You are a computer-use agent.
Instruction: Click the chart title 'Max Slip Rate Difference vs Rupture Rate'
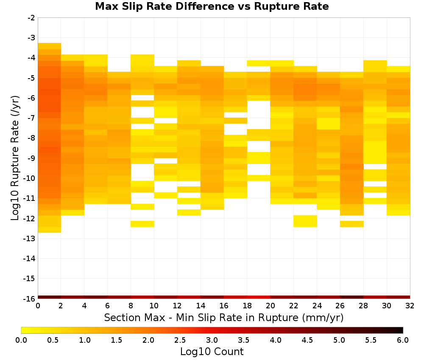tap(212, 6)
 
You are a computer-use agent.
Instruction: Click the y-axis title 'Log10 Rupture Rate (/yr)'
tap(15, 158)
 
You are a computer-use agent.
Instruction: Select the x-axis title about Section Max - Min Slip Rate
tap(223, 317)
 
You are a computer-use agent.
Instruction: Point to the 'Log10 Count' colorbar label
tap(212, 352)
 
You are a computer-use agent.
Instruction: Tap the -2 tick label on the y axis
tap(31, 18)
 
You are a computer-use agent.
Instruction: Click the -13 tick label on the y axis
tap(30, 238)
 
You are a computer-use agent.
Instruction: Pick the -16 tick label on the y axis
tap(30, 299)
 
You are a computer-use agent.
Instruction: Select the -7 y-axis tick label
tap(31, 118)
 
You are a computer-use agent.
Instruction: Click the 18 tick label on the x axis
tap(247, 306)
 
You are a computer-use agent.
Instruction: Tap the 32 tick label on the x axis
tap(410, 306)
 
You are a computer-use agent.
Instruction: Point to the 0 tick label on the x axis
tap(38, 306)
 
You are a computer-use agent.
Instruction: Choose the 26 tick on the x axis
tap(340, 306)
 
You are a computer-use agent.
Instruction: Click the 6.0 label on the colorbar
tap(403, 340)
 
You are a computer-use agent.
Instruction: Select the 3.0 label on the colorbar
tap(212, 340)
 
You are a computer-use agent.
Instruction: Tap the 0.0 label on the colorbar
tap(21, 340)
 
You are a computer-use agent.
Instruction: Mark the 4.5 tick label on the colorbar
tap(307, 340)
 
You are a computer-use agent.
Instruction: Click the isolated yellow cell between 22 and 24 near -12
tap(305, 221)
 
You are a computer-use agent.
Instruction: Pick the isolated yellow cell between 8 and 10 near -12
tap(142, 224)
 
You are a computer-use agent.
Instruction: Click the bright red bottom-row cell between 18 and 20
tap(259, 297)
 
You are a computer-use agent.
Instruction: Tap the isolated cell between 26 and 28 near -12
tap(352, 224)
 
